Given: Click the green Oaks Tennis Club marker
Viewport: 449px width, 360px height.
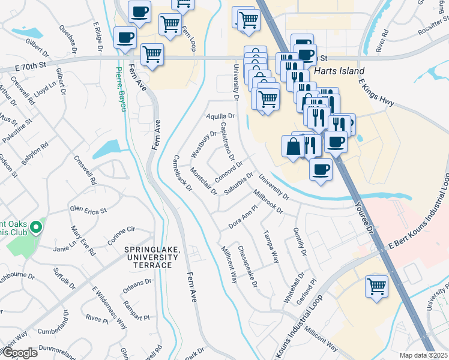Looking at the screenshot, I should [x=36, y=227].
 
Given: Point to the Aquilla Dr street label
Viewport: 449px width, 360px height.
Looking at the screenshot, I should [x=219, y=116].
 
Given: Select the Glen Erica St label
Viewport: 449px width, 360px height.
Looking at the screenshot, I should [x=88, y=210].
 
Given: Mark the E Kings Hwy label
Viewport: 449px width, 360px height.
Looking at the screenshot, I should [x=376, y=92].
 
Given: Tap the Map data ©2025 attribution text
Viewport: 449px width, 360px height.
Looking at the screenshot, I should [x=423, y=355].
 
